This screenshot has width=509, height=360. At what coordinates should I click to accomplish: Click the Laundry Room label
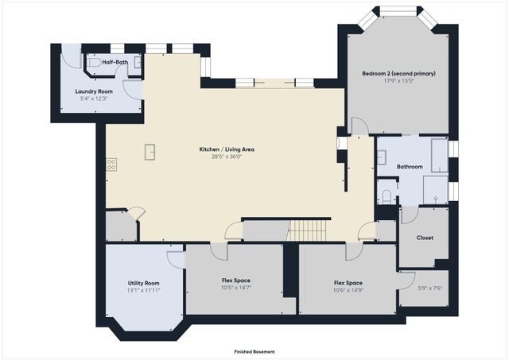point(94,91)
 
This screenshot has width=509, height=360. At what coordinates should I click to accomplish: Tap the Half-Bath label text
point(115,62)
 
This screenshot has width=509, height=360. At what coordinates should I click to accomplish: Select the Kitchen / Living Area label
point(227,149)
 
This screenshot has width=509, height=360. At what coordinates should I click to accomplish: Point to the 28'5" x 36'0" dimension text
point(227,157)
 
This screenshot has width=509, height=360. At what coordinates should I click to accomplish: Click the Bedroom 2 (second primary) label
point(398,73)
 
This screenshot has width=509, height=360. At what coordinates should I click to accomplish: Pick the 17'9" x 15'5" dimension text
point(399,81)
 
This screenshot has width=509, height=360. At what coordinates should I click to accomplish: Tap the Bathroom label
point(410,167)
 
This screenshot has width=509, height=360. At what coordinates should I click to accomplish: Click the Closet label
point(425,238)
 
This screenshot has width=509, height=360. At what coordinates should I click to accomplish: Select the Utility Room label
point(143,283)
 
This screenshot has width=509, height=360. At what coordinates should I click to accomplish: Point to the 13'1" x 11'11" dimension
point(143,290)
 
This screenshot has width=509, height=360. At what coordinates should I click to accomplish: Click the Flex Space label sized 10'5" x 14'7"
point(236,281)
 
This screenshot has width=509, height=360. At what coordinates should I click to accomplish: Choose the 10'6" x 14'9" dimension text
point(348,290)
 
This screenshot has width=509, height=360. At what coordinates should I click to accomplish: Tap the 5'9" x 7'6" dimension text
point(430,288)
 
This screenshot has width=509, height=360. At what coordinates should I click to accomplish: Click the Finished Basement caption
point(254,351)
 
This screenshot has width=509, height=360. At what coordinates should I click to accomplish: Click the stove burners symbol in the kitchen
point(111,165)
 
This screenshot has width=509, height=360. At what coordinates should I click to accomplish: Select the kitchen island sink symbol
point(150,152)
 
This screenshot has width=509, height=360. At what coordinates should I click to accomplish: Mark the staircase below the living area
point(308,231)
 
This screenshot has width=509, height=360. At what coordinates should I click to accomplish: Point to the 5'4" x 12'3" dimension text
point(94,99)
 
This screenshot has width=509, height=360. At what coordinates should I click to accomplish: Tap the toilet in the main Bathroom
point(387,196)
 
